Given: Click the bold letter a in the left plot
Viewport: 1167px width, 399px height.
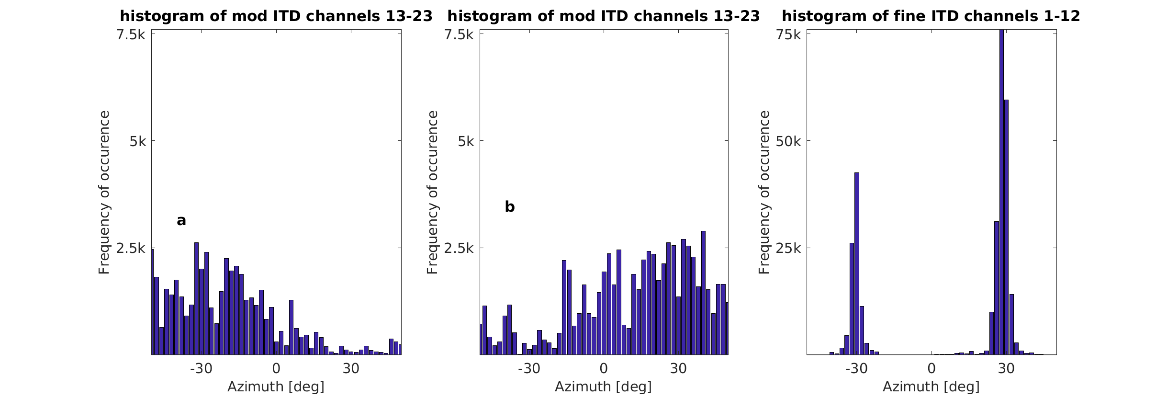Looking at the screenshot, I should click(181, 220).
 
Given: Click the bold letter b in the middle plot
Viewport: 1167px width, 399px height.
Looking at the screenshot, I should click(509, 207).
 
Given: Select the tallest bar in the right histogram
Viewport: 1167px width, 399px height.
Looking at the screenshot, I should click(1001, 192).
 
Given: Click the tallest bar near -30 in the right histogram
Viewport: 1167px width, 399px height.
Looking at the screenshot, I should click(856, 263).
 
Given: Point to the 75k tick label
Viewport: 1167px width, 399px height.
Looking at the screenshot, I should click(788, 34).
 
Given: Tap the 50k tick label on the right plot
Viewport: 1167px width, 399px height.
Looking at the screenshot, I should click(788, 141).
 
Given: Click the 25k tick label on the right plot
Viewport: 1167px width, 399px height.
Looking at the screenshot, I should click(788, 248).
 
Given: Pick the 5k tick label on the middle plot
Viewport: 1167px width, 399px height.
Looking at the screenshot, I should click(465, 141).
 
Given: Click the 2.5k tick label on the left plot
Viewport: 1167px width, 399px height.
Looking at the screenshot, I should click(131, 248).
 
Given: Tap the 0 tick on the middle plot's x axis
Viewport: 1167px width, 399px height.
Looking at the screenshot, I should click(603, 369).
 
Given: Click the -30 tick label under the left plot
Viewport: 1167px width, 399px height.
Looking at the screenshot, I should click(201, 369).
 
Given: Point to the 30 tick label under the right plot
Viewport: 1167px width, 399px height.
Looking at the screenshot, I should click(1006, 369).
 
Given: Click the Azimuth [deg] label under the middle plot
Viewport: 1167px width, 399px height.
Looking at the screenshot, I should click(603, 387).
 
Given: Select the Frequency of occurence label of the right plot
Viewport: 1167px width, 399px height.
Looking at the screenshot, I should click(764, 192).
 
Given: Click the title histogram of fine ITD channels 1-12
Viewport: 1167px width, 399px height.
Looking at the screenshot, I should click(931, 16).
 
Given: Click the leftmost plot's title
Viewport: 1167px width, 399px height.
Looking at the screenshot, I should click(276, 16).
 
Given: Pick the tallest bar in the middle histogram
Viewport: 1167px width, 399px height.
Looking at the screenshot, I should click(703, 293).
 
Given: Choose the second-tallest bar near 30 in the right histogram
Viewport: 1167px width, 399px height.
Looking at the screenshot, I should click(1006, 227).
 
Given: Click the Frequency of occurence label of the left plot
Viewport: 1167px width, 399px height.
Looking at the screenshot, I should click(104, 192).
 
